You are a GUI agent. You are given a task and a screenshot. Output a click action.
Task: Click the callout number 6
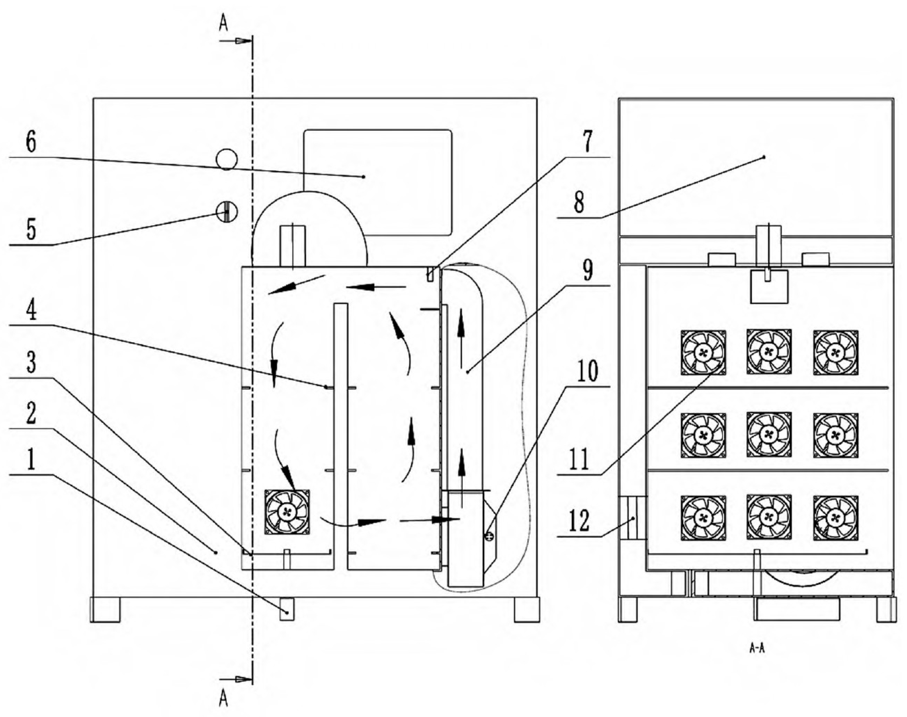31,143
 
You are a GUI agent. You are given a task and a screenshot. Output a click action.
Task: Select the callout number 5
31,229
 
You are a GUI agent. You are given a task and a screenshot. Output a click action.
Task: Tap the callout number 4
31,311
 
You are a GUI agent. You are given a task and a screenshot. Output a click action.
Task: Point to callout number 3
31,362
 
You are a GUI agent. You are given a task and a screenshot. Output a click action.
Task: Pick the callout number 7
587,142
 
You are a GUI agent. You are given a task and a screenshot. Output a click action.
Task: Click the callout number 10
587,371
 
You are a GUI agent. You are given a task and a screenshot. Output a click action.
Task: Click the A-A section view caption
757,648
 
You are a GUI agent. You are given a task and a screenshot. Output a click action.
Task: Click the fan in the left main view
287,512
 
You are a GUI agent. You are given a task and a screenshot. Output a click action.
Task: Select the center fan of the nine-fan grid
769,434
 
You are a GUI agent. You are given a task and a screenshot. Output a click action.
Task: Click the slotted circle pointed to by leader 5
227,212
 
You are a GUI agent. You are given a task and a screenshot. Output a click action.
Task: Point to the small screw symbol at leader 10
489,536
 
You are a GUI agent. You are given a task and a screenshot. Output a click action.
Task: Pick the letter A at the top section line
223,24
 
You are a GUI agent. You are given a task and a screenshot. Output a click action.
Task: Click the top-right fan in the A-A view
835,352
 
